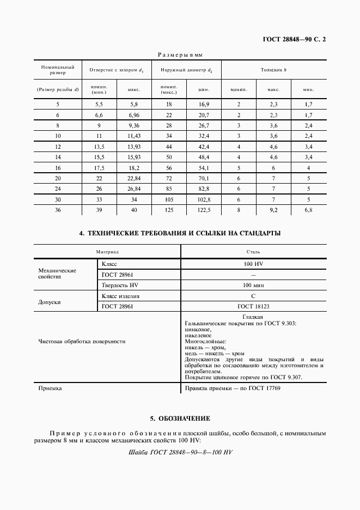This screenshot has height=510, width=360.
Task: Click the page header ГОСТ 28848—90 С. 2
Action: pyautogui.click(x=295, y=40)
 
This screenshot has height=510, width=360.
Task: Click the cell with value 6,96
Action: pyautogui.click(x=133, y=115)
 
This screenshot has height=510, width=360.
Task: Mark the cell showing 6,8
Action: pyautogui.click(x=309, y=210)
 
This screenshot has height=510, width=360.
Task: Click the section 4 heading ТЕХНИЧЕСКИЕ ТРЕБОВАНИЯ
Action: pyautogui.click(x=180, y=233)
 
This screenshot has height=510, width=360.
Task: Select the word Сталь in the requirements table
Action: pyautogui.click(x=253, y=252)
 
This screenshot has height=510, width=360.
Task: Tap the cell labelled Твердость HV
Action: pyautogui.click(x=120, y=285)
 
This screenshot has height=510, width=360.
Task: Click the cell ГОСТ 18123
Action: pyautogui.click(x=253, y=307)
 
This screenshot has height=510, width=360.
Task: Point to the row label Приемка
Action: pyautogui.click(x=50, y=388)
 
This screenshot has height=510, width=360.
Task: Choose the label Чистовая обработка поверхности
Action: pyautogui.click(x=82, y=341)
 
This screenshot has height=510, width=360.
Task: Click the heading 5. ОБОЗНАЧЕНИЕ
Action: pyautogui.click(x=180, y=418)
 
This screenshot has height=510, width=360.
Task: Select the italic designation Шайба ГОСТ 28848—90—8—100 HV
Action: pyautogui.click(x=180, y=453)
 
